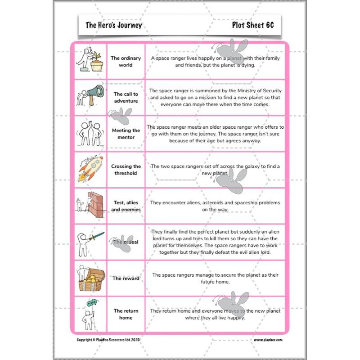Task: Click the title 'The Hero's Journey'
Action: (x=113, y=25)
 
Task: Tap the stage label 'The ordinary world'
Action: (x=126, y=62)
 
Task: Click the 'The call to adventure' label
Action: (x=126, y=98)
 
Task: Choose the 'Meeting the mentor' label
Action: (x=126, y=134)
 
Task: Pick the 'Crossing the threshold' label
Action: (x=126, y=170)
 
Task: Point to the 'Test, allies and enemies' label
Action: (x=126, y=206)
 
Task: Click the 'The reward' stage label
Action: (x=126, y=278)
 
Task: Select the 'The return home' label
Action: (x=126, y=314)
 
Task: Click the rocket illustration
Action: (x=90, y=168)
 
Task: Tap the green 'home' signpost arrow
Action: (x=91, y=303)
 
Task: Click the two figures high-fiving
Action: (x=89, y=133)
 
